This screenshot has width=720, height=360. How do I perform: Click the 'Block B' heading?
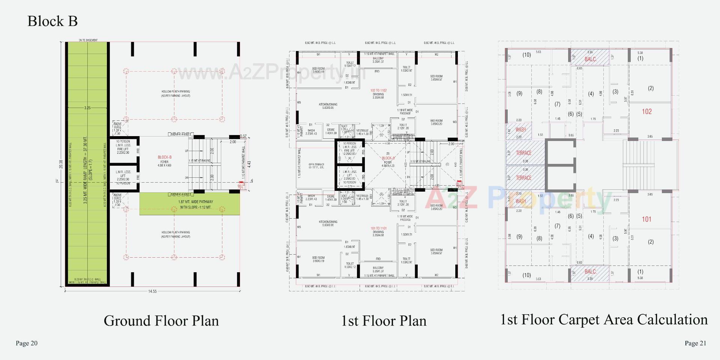point(52,21)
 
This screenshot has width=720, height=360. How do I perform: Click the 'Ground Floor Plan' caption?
point(161,321)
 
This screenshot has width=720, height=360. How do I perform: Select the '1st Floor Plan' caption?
point(384,321)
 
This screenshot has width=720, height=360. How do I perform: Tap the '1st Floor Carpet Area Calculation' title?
point(604,319)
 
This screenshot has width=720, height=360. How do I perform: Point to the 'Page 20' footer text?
point(27,343)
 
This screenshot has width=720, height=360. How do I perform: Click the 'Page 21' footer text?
point(695,343)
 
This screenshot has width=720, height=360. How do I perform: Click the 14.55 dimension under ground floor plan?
point(152,291)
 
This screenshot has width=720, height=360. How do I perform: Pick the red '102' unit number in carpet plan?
point(646,111)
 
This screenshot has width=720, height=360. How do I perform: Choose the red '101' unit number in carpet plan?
point(646,219)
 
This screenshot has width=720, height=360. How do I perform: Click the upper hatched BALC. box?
point(590,59)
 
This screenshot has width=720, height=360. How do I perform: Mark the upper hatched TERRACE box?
point(524,153)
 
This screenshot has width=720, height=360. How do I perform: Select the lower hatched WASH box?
point(520,201)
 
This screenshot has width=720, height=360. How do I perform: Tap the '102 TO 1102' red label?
point(378,90)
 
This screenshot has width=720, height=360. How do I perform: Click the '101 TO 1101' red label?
point(378,228)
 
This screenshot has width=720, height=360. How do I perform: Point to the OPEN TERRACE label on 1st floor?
point(316,166)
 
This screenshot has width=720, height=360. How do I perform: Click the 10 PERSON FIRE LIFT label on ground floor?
point(123,147)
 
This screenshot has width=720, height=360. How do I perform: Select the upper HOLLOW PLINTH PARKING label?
point(175,93)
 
